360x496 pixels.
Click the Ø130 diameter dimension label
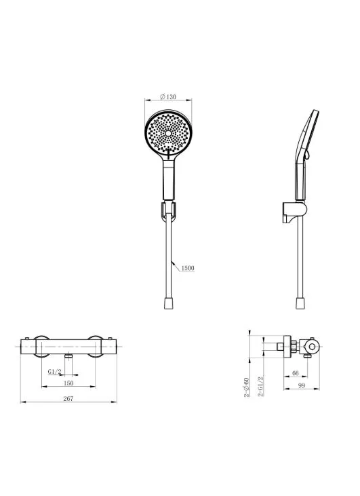(x=168, y=96)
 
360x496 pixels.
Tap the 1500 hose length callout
(x=187, y=268)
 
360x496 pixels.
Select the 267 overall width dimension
(x=68, y=398)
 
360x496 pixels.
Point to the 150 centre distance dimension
(x=68, y=383)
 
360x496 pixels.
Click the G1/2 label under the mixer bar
(x=54, y=371)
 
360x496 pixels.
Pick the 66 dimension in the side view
(x=295, y=373)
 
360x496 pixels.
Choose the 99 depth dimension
(x=301, y=385)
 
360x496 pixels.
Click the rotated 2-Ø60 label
(x=247, y=387)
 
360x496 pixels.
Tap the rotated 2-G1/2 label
(x=261, y=386)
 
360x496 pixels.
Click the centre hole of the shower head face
(x=168, y=134)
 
